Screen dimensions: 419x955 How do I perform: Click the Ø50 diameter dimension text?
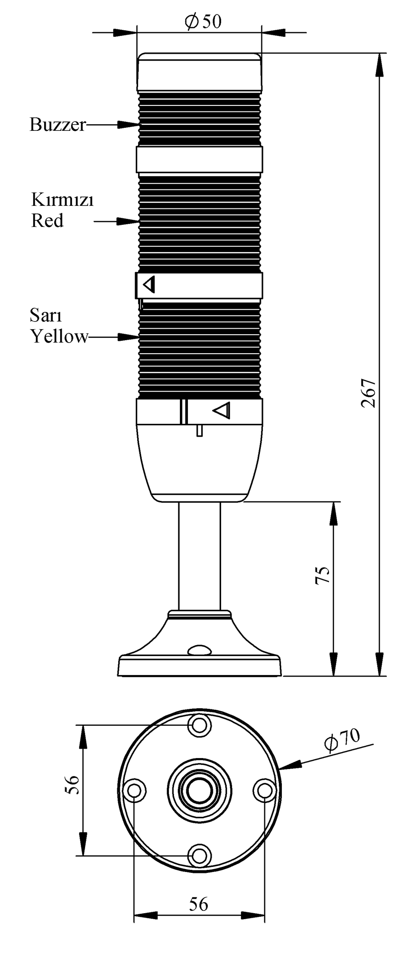[202, 22]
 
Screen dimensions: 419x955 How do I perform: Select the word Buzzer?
[58, 124]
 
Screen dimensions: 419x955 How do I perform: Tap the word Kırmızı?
[63, 200]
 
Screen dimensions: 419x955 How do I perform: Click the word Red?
[48, 220]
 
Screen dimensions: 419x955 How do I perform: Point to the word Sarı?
[46, 315]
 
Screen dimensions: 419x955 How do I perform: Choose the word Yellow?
[59, 336]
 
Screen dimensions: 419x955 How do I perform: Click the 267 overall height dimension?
[369, 394]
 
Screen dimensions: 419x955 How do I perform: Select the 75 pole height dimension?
[323, 575]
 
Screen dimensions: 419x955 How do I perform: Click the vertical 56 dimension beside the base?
[73, 785]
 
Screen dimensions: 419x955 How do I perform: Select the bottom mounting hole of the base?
[199, 856]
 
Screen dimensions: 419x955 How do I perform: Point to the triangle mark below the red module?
[149, 285]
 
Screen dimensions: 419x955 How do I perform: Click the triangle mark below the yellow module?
[222, 410]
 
